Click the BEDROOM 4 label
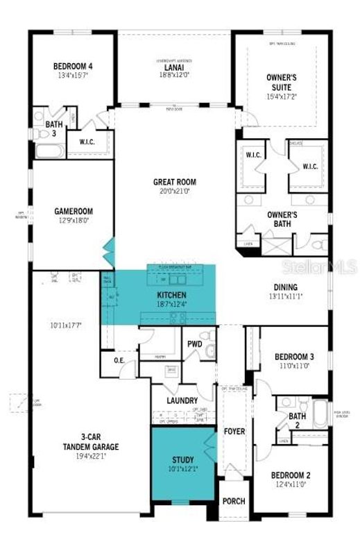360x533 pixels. point(73,67)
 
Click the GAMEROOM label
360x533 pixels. point(74,211)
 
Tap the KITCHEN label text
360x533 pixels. point(171,295)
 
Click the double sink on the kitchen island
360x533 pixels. point(171,280)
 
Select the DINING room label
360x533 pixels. point(285,287)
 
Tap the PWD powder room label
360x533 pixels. point(194,344)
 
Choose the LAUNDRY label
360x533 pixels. point(182,400)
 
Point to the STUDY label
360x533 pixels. point(182,459)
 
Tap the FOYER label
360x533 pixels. point(234,431)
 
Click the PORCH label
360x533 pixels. point(234,500)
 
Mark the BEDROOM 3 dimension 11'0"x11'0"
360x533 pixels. point(291,365)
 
